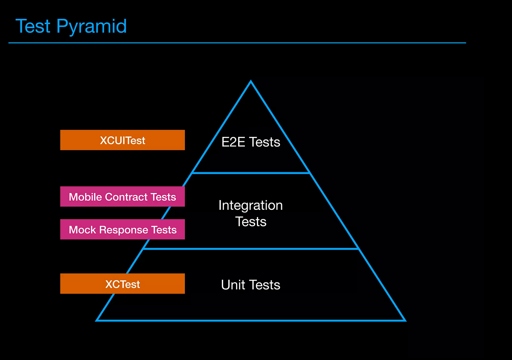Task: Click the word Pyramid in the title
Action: click(92, 27)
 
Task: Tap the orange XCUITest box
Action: click(122, 140)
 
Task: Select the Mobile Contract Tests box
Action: click(122, 197)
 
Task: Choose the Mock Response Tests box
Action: click(122, 229)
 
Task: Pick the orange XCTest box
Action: click(122, 284)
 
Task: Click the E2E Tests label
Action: click(250, 142)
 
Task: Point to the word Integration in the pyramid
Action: click(250, 205)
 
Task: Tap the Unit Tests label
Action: click(250, 285)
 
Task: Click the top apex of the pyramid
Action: click(251, 82)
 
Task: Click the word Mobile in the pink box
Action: click(85, 197)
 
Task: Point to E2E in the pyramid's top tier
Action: click(233, 142)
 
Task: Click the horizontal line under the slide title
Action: click(237, 43)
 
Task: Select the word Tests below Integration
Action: click(250, 222)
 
